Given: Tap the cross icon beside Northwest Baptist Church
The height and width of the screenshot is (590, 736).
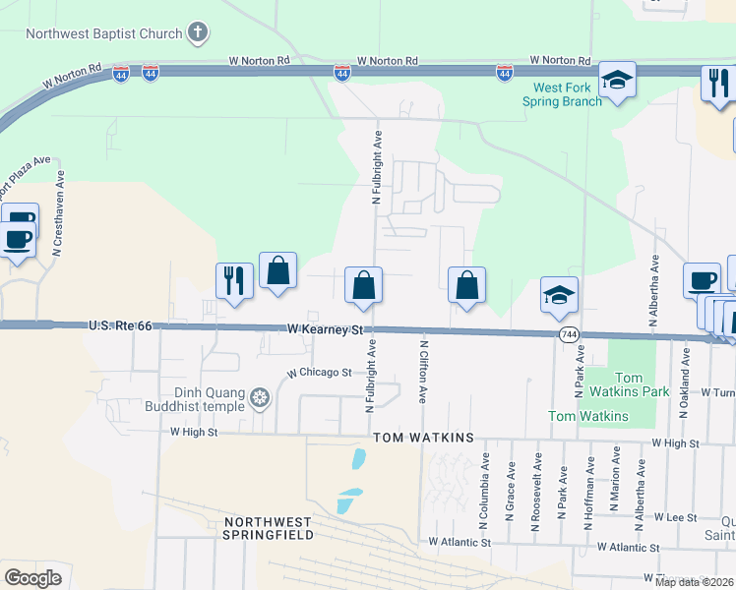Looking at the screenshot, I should tap(198, 32).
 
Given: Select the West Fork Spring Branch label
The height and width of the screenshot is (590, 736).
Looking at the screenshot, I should tap(561, 94).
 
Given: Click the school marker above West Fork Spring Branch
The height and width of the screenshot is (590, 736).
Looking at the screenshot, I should tap(617, 81).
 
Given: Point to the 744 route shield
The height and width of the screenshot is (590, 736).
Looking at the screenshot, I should tap(569, 335).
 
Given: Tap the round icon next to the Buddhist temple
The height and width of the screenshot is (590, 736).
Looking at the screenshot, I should tap(260, 397).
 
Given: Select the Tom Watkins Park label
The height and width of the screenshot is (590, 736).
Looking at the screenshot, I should tap(642, 384).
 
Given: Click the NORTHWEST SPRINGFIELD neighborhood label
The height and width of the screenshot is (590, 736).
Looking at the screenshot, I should tap(269, 528).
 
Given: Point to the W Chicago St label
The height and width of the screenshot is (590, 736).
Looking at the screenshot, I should tap(319, 373).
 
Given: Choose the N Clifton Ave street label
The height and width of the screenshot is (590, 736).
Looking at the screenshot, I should tap(424, 372).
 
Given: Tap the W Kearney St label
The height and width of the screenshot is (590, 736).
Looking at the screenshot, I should tap(326, 330).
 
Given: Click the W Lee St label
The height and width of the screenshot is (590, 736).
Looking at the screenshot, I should tap(675, 517).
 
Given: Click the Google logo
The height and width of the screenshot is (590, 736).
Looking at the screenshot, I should tap(32, 577).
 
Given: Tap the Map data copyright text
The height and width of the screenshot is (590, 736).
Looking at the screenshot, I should tap(695, 582).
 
